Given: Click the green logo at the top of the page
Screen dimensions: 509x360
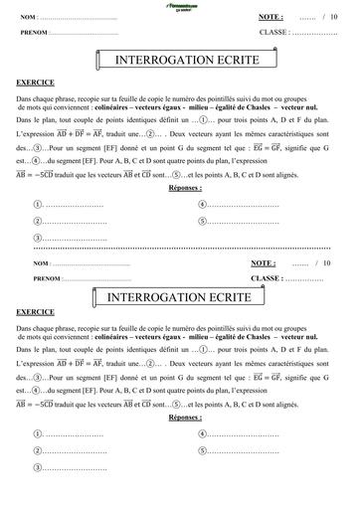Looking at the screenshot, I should (180, 7).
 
